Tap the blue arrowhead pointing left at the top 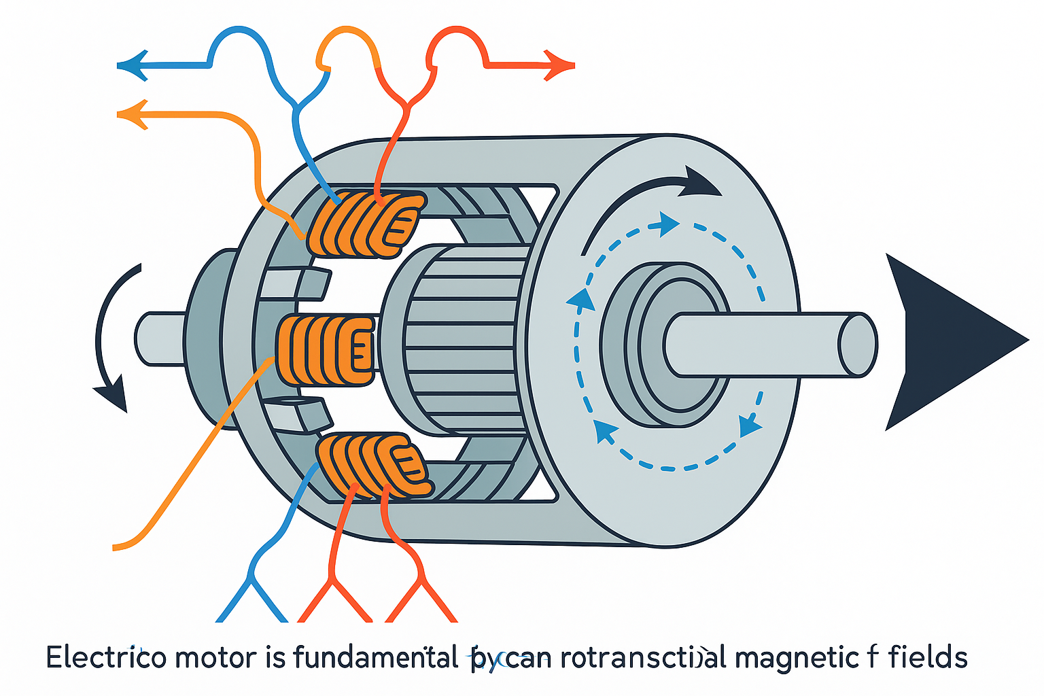pos(133,66)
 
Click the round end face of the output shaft pos(858,344)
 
